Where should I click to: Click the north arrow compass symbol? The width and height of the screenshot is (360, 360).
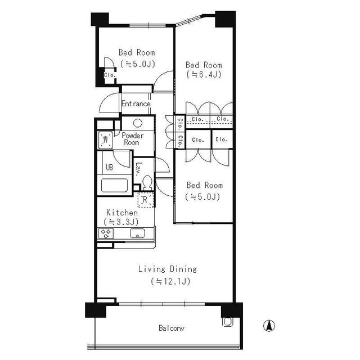pyautogui.click(x=269, y=325)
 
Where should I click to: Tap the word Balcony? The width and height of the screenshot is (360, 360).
pyautogui.click(x=172, y=328)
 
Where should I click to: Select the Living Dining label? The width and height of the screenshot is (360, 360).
pyautogui.click(x=168, y=269)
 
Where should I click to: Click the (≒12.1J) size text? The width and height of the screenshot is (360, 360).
pyautogui.click(x=168, y=281)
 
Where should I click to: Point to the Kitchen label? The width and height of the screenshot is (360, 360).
pyautogui.click(x=122, y=213)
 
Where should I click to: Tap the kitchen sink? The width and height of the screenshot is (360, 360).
pyautogui.click(x=138, y=233)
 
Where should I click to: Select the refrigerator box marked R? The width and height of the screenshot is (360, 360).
pyautogui.click(x=145, y=199)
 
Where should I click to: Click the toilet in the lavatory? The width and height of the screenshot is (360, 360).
pyautogui.click(x=147, y=183)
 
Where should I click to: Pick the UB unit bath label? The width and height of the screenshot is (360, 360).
pyautogui.click(x=109, y=168)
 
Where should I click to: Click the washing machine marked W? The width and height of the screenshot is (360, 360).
pyautogui.click(x=105, y=138)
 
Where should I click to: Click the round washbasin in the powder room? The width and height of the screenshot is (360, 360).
pyautogui.click(x=136, y=123)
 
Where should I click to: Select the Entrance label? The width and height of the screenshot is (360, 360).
pyautogui.click(x=136, y=104)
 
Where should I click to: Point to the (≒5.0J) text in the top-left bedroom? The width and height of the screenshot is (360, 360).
pyautogui.click(x=137, y=64)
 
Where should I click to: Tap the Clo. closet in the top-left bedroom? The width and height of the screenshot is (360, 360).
pyautogui.click(x=109, y=74)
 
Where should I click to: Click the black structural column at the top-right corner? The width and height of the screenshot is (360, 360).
pyautogui.click(x=225, y=19)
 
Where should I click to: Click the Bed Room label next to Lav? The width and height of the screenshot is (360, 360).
pyautogui.click(x=204, y=185)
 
